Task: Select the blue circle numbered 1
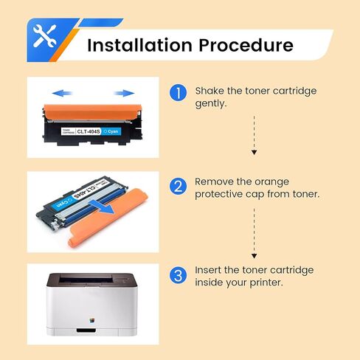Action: coord(177,94)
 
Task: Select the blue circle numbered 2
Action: coord(177,187)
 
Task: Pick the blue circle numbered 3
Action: coord(177,276)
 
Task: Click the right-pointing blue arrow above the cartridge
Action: coord(125,93)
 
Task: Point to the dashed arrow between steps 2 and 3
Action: coord(254,229)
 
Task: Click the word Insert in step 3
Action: coord(209,270)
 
